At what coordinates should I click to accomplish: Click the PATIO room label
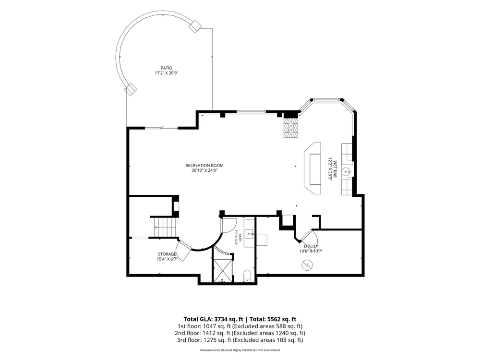point(167,68)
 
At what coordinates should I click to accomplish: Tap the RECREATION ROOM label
point(204,165)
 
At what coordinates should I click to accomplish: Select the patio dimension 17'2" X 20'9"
point(167,73)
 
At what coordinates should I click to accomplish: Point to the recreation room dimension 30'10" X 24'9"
point(204,170)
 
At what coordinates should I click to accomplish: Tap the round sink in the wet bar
point(347,172)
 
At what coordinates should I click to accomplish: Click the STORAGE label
point(167,254)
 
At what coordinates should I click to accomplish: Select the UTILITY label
point(311,246)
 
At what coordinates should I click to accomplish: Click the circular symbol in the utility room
point(307,265)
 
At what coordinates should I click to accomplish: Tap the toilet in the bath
point(247,276)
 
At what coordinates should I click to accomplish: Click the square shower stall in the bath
point(223,270)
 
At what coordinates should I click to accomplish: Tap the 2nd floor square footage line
point(240,333)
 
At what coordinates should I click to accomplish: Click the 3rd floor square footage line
point(240,340)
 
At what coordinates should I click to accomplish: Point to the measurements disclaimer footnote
point(240,350)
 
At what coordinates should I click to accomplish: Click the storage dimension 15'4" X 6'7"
point(167,259)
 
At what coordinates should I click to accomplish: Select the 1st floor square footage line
point(240,326)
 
